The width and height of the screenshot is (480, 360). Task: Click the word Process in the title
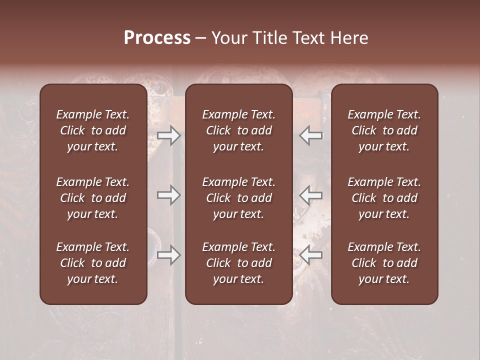point(157,37)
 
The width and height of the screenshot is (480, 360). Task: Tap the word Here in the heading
point(349,37)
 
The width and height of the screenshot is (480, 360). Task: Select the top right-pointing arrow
point(169,135)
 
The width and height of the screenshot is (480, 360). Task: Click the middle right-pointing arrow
point(169,195)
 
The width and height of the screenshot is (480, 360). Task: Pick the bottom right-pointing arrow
point(169,255)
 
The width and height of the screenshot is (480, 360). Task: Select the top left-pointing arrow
point(311,135)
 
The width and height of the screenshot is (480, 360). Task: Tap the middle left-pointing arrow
point(311,195)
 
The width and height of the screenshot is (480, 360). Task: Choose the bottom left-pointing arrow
point(311,255)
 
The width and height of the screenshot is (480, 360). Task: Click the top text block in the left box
point(93,130)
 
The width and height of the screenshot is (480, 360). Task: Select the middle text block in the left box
point(93,198)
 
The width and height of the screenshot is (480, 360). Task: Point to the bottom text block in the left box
point(93,263)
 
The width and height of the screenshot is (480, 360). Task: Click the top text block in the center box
point(238,130)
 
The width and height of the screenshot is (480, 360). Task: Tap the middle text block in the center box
point(238,198)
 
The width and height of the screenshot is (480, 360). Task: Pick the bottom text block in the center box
point(238,263)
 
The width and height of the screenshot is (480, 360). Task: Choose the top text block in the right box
point(384,130)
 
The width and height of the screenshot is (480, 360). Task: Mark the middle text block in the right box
point(384,198)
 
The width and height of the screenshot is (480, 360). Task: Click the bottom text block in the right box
point(384,263)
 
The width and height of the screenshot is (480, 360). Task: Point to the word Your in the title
point(229,37)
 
